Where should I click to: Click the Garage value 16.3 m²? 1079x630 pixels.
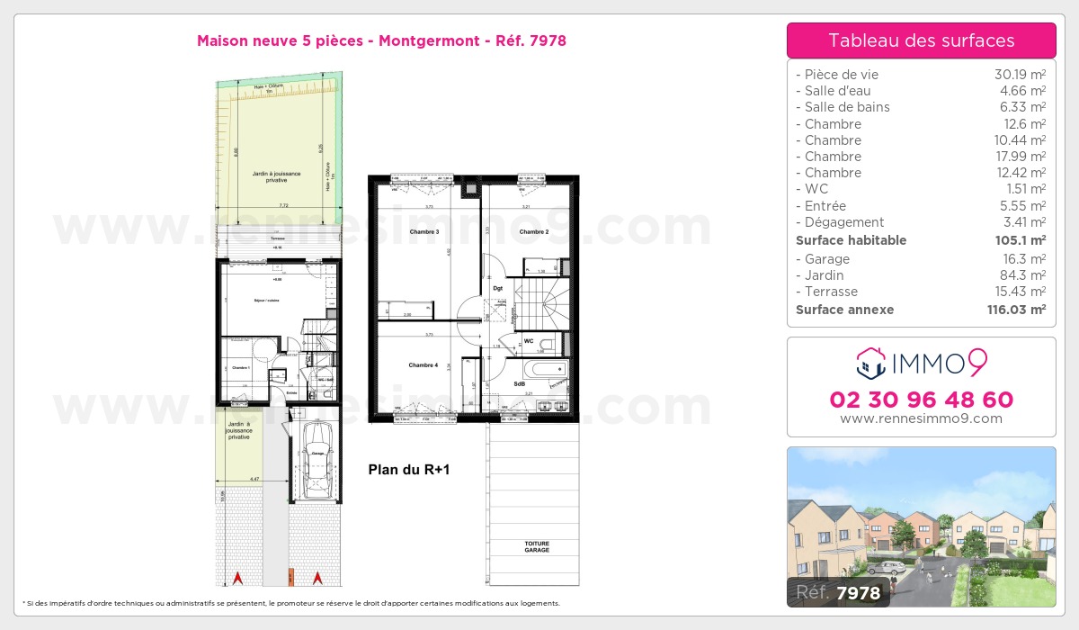[1026, 259]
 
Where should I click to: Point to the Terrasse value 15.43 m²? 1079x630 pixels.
[1021, 292]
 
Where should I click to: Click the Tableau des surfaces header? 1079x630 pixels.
[921, 40]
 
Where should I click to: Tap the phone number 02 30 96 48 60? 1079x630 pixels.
[921, 400]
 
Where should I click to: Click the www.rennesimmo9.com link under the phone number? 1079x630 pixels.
[921, 418]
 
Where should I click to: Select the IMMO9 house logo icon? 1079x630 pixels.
[869, 364]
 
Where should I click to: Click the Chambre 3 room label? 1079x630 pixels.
[424, 232]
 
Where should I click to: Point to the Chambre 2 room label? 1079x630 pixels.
[534, 232]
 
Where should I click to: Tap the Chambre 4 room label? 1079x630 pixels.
[424, 364]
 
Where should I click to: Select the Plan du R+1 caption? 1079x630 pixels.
[409, 470]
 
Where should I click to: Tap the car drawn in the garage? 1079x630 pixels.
[317, 460]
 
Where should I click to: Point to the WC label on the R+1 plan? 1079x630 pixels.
[529, 341]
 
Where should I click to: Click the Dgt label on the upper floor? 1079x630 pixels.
[498, 289]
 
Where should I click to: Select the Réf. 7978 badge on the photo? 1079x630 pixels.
[838, 592]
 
